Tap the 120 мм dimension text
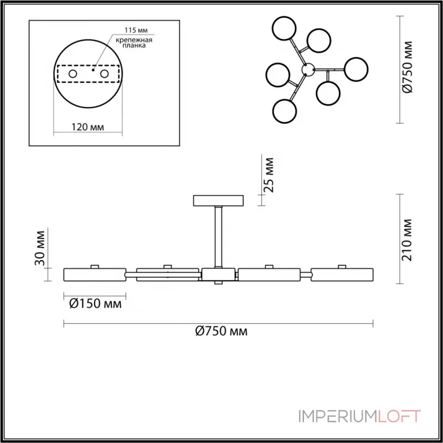click(88, 127)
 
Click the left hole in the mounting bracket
click(73, 74)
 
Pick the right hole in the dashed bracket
click(104, 74)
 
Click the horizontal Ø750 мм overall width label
click(221, 332)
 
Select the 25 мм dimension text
click(269, 174)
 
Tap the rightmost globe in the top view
click(356, 69)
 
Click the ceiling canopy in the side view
click(218, 200)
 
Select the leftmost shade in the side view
click(95, 274)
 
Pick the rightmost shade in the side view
click(342, 274)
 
